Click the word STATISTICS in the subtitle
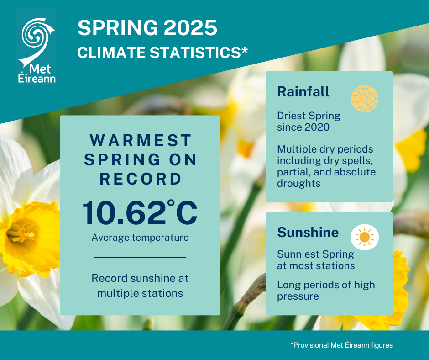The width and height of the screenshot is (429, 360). click(x=196, y=52)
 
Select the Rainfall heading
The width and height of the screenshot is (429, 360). click(x=303, y=92)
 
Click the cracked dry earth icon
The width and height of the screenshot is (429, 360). click(x=365, y=99)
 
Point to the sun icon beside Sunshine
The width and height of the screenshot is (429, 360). click(x=364, y=237)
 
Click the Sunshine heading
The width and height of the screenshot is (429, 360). click(x=308, y=233)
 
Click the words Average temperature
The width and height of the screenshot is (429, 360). click(x=140, y=238)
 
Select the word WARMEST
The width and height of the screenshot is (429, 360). click(x=140, y=139)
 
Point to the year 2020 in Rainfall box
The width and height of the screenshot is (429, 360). click(x=316, y=127)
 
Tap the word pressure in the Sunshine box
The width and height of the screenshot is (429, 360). click(x=298, y=296)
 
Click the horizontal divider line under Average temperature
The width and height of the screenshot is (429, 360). click(x=140, y=258)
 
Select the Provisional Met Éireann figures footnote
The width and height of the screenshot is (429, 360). click(x=341, y=345)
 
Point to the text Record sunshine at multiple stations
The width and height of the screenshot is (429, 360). click(x=140, y=286)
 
